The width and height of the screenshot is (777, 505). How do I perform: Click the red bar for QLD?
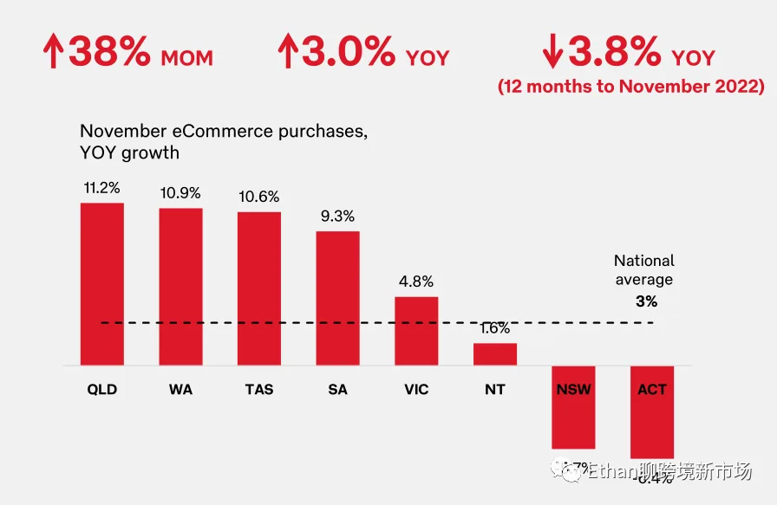tap(101, 284)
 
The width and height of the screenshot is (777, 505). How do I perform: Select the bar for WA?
tap(180, 287)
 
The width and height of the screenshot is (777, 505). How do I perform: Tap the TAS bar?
tap(259, 288)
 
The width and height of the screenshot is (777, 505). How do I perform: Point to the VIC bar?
tap(416, 331)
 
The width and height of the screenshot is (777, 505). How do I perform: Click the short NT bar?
tap(494, 354)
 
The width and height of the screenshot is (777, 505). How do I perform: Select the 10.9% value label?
tap(180, 191)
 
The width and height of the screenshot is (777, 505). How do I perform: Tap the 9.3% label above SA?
tap(337, 216)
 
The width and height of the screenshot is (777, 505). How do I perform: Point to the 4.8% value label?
tap(416, 282)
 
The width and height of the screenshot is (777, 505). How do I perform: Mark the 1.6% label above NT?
tap(494, 328)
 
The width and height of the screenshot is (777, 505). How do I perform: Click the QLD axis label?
tap(101, 390)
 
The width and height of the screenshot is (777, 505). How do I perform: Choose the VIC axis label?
tap(416, 390)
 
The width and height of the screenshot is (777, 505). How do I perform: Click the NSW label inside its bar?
tap(573, 390)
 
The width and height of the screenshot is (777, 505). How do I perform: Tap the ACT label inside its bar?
tap(652, 390)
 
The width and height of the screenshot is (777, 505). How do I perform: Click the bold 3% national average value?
tap(646, 301)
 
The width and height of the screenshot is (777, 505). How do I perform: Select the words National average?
tap(643, 269)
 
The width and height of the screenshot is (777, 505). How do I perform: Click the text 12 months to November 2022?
tap(630, 87)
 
